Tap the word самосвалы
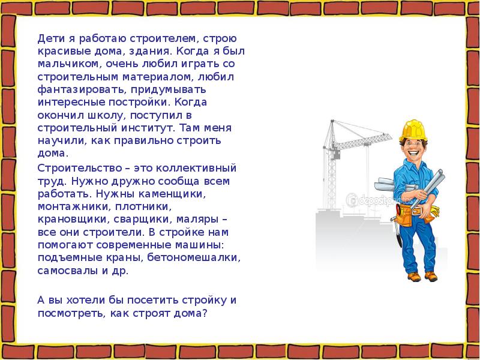(x=65, y=271)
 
